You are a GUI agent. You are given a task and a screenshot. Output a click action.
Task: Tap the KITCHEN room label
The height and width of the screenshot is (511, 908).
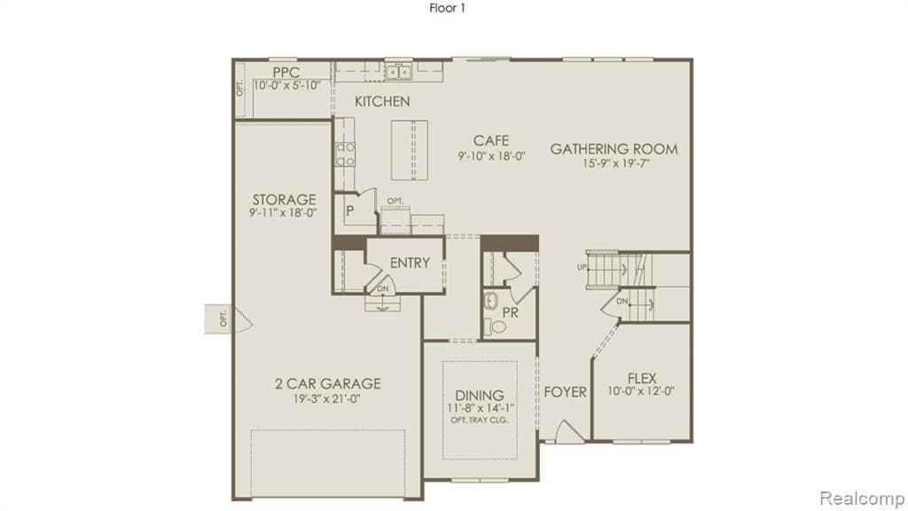coord(382,101)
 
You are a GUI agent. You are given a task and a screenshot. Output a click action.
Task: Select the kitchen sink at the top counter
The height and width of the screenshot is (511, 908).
coord(398,72)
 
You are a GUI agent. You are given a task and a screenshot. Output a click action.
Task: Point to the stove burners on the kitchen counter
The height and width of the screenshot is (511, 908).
coord(345,154)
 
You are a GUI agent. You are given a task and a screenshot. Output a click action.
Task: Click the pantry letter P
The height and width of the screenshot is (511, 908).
coord(350,212)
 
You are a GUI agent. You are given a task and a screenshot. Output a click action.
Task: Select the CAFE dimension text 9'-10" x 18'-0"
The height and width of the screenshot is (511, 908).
coord(491,155)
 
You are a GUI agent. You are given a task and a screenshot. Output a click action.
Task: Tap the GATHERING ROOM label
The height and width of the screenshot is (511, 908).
coord(614,149)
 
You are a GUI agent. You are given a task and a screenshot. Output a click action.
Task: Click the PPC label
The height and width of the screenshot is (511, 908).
coord(286,72)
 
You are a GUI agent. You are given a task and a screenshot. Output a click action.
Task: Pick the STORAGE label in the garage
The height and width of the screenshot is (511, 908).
coord(284,200)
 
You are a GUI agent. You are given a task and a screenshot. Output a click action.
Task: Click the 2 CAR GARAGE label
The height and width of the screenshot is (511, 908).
coord(327,383)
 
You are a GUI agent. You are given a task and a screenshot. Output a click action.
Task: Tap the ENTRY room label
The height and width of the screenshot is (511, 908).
coord(409,263)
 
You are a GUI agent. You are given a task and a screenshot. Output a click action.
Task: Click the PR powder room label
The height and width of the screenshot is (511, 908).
coord(510,312)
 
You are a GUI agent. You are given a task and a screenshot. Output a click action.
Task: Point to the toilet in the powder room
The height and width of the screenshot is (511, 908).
coord(497,326)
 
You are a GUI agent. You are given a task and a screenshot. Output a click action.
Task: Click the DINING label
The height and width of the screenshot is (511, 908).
coord(480,395)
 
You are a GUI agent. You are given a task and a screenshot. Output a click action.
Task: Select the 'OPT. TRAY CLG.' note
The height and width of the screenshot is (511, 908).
coord(480,420)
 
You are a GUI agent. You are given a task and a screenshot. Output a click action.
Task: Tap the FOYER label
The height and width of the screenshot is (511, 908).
coord(565,391)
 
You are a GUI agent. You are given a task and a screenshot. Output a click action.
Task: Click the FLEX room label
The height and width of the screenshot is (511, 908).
coord(641,378)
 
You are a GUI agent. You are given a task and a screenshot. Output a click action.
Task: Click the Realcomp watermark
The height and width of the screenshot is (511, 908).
coord(860,497)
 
